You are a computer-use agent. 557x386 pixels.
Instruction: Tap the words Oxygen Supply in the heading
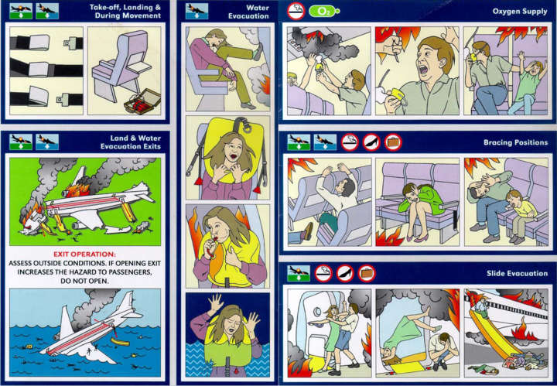click(520, 12)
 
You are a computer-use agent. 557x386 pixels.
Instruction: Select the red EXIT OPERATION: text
click(84, 253)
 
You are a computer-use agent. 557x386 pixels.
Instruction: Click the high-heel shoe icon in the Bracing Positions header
click(371, 142)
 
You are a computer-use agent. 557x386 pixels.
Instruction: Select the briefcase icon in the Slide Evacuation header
click(366, 272)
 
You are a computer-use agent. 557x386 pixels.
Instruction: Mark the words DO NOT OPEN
click(84, 282)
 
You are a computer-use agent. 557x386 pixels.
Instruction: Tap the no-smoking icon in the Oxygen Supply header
click(296, 12)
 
